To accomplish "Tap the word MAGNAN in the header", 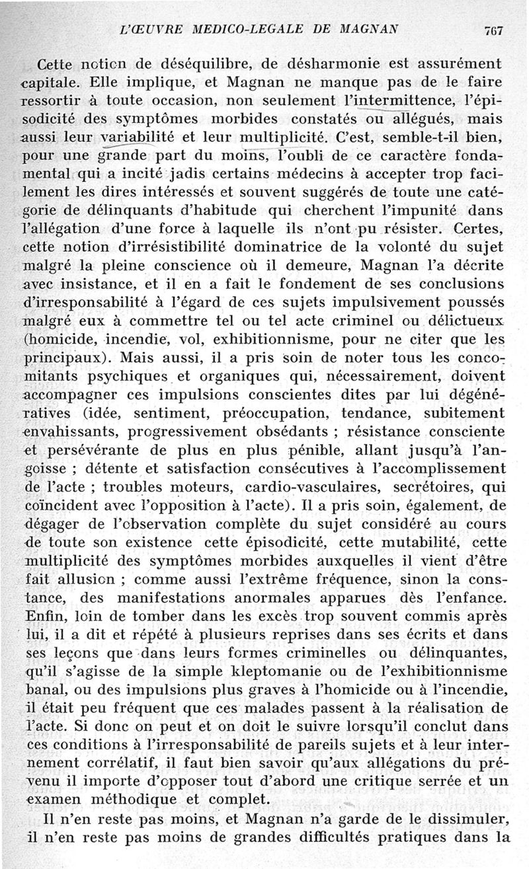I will click(368, 30).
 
